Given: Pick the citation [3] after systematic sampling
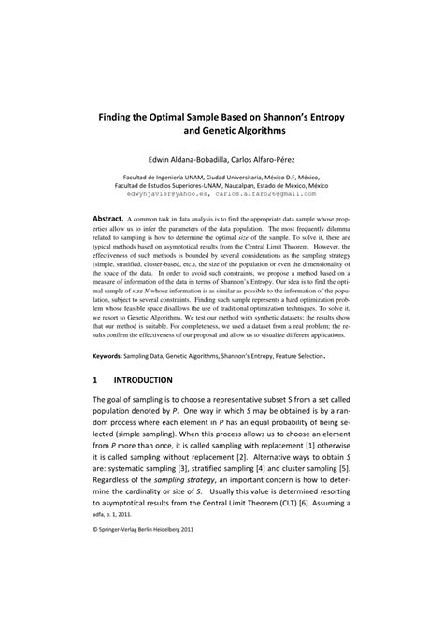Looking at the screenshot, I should point(189,468).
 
